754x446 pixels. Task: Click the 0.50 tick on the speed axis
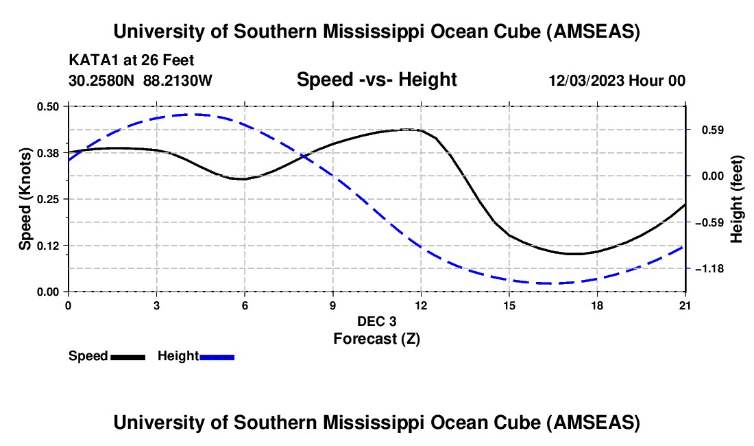pos(49,106)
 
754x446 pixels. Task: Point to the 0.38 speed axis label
pos(49,152)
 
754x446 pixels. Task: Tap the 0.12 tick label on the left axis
pos(49,245)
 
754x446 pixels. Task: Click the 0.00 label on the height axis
pos(710,176)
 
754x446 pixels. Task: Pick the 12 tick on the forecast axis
pos(421,305)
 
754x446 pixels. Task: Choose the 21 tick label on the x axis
pos(685,305)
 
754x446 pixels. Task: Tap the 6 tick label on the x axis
pos(245,305)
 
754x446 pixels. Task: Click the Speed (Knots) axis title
pos(25,199)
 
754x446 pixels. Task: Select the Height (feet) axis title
pos(737,199)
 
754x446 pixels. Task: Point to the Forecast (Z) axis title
pos(376,338)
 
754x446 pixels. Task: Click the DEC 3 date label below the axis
pos(376,321)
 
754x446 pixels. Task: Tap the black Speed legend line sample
pos(127,356)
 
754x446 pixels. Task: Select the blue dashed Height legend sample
pos(217,356)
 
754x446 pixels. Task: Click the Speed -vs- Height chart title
pos(376,80)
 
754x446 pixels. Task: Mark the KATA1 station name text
pos(90,60)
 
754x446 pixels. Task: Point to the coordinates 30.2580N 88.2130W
pos(141,80)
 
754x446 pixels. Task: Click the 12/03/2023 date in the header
pos(586,80)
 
